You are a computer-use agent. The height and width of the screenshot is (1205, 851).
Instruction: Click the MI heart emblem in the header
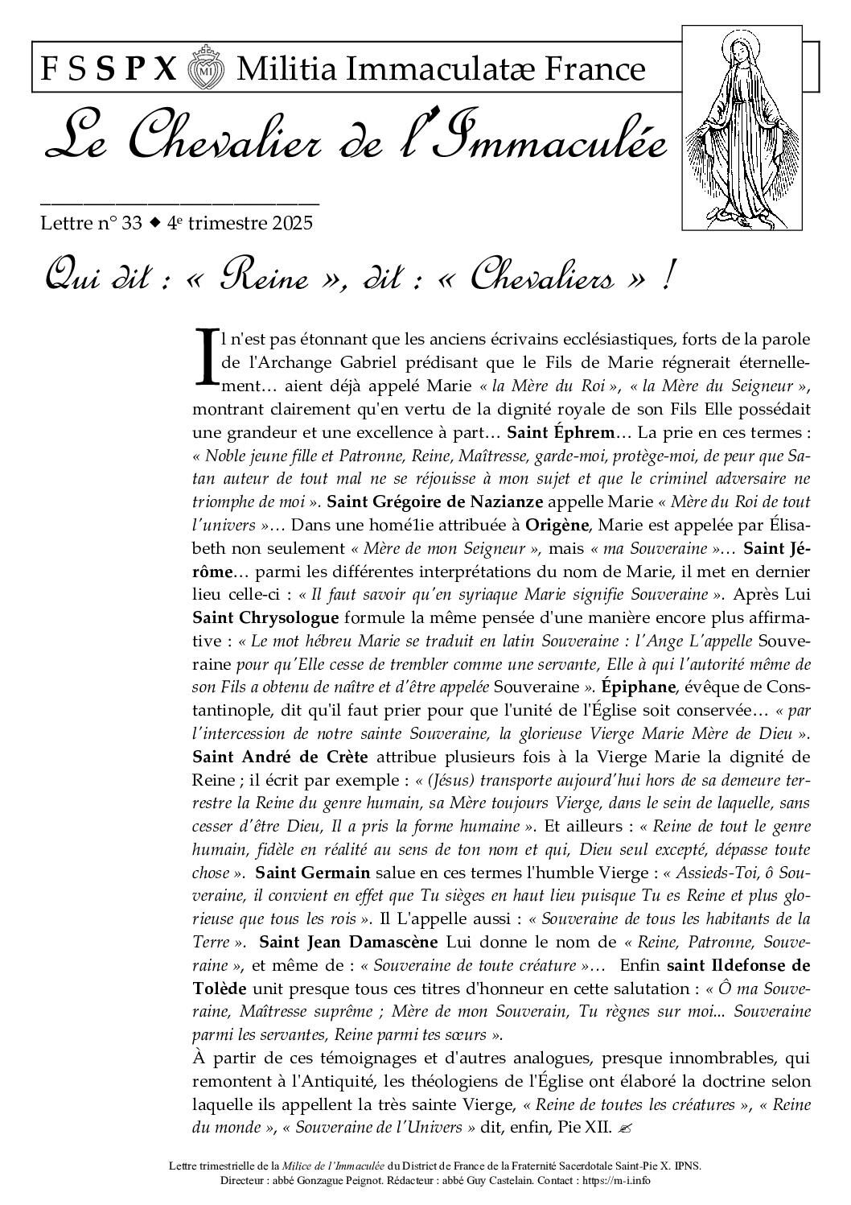tap(206, 70)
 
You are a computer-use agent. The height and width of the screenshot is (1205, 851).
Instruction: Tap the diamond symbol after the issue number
tap(154, 222)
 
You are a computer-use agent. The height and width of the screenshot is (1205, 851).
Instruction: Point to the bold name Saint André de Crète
tap(280, 757)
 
